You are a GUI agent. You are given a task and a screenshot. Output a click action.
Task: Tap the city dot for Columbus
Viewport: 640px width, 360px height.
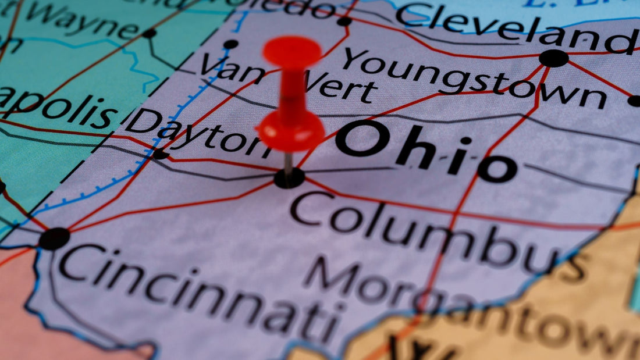coord(289,178)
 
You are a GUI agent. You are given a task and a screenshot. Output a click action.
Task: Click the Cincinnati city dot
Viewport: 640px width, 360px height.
coord(55,238)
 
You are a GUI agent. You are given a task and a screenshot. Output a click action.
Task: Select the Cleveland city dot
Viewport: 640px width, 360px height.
coord(553,58)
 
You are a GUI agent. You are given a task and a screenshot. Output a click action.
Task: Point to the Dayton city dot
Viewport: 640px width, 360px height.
coord(159,155)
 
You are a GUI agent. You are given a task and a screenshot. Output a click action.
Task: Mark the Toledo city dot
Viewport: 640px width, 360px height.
coord(344,22)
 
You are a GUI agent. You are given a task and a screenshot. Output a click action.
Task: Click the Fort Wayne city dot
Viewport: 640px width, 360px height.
coord(150,34)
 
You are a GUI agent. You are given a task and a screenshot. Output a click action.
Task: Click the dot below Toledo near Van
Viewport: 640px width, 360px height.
coord(231,44)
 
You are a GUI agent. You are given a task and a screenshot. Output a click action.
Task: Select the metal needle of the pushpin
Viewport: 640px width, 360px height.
coord(288,163)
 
